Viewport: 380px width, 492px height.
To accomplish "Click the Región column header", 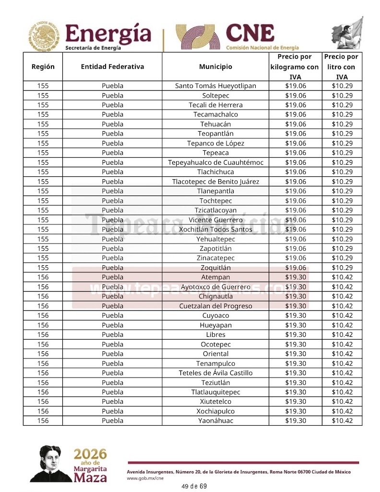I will (43, 67).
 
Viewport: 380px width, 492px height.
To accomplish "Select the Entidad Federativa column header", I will (112, 67).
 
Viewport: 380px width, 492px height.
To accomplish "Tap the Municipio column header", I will (215, 67).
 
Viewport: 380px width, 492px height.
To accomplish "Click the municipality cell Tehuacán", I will (215, 124).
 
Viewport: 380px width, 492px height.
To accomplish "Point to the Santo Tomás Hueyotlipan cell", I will (215, 86).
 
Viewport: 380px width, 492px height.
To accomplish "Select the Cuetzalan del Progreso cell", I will (215, 306).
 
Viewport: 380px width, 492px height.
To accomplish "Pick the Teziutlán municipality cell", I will (215, 382).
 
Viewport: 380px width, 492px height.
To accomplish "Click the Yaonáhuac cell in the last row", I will (215, 421).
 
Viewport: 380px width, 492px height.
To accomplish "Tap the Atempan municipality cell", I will (215, 277).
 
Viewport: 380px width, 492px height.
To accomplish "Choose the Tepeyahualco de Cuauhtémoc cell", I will (215, 162).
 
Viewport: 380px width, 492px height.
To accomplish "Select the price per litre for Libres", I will (342, 335).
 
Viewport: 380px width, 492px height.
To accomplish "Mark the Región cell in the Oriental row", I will (43, 354).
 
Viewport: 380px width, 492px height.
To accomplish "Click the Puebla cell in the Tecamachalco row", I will (112, 114).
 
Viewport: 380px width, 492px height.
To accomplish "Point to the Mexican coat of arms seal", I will (45, 36).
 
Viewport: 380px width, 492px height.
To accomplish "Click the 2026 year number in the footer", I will (90, 454).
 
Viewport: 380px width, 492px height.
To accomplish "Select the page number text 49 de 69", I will (194, 486).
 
